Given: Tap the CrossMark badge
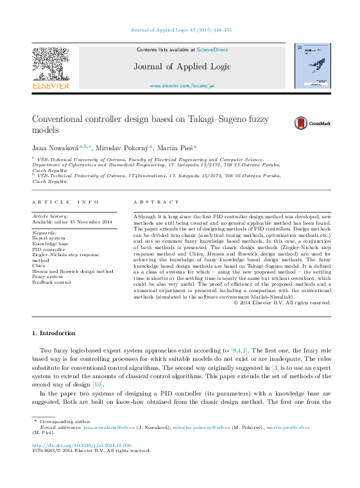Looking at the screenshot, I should coord(312,123).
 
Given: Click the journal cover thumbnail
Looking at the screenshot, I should coord(312,65).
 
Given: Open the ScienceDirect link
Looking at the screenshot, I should coord(212,49).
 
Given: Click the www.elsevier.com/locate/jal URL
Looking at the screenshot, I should coord(182,85).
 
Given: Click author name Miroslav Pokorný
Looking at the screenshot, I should coord(122,148).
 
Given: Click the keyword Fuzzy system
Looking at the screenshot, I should coord(48,276).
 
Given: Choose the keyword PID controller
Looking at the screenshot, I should coord(49,249).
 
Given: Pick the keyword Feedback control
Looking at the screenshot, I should coord(52,282).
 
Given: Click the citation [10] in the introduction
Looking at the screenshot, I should coord(98,383).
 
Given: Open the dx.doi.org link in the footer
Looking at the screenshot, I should coord(81,444).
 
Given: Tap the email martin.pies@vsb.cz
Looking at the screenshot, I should coord(288,427).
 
